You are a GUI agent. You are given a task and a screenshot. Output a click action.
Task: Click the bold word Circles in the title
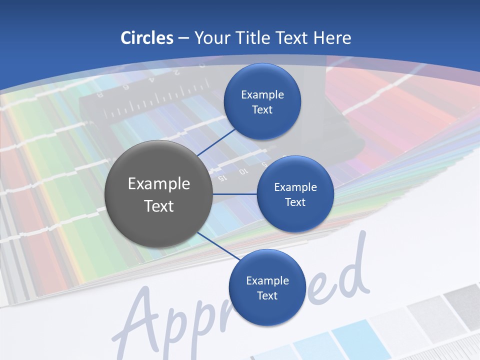[x=147, y=38]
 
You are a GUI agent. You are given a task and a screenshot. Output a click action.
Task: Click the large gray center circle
[x=159, y=194]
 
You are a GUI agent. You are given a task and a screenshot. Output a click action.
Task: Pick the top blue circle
[x=262, y=101]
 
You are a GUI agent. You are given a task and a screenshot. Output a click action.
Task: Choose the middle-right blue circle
[x=295, y=194]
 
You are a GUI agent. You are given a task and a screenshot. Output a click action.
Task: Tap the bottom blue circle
[x=266, y=287]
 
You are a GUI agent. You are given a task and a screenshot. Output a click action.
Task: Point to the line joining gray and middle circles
[x=235, y=194]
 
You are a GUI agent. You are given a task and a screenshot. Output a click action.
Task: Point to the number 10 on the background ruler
[x=243, y=172]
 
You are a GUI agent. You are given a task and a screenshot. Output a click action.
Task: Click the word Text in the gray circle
[x=159, y=205]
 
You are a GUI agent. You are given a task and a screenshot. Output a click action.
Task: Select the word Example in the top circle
[x=262, y=94]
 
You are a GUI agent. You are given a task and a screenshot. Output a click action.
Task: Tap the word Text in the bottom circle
[x=266, y=295]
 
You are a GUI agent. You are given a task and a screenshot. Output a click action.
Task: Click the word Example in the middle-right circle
[x=295, y=187]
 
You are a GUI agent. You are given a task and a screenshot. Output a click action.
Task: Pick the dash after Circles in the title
[x=183, y=38]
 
